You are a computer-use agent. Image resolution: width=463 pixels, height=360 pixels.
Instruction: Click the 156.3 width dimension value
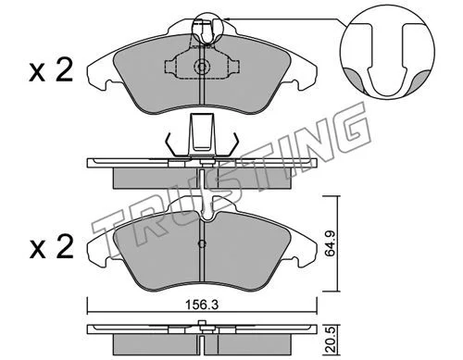[x=202, y=305]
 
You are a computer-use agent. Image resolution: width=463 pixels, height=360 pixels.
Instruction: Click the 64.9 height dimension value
[x=331, y=243]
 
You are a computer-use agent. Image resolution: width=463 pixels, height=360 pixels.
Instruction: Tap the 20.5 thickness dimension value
[x=331, y=341]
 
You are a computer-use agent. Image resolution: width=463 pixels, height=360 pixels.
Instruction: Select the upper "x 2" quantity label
[x=51, y=70]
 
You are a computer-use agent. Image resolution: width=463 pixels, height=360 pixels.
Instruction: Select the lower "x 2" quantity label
[x=52, y=247]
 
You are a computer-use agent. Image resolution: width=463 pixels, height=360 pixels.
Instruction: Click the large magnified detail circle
[x=387, y=52]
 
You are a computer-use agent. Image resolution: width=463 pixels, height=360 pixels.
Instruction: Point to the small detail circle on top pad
[x=206, y=29]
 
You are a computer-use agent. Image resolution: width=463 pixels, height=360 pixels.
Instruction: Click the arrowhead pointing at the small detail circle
[x=227, y=19]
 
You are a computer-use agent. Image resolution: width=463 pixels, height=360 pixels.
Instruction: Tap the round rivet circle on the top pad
[x=202, y=67]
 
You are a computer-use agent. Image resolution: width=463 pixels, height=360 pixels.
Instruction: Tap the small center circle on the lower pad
[x=202, y=244]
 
